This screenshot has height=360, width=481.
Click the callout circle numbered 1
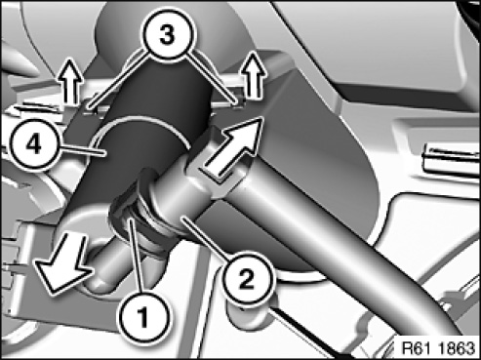[x=143, y=314]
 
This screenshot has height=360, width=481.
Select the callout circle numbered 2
[x=247, y=278]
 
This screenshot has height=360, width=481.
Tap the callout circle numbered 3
[x=168, y=34]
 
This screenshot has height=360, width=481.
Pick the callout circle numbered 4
[x=33, y=144]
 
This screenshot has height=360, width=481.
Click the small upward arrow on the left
[x=71, y=81]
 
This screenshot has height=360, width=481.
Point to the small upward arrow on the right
[x=255, y=75]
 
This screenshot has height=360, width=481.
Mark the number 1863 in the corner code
[x=457, y=348]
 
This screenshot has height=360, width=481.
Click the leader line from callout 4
[x=82, y=151]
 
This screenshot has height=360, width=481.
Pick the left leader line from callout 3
[x=118, y=81]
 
